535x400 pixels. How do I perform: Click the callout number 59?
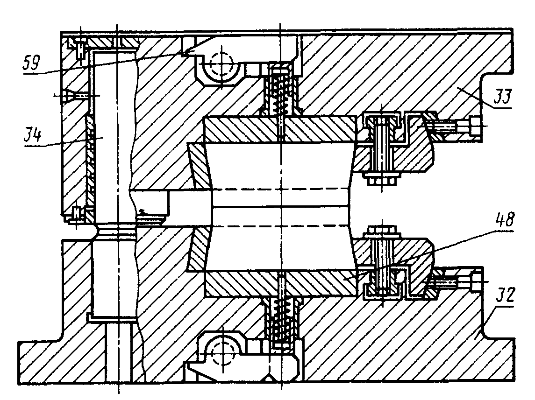pyautogui.click(x=31, y=63)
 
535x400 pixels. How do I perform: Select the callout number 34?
pyautogui.click(x=33, y=135)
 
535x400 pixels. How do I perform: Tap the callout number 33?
pyautogui.click(x=502, y=97)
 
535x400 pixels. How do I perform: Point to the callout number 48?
pyautogui.click(x=504, y=220)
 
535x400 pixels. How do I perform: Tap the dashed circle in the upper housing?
pyautogui.click(x=222, y=65)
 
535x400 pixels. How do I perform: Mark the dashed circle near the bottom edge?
pyautogui.click(x=222, y=353)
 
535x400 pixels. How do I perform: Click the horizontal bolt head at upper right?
pyautogui.click(x=475, y=126)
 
